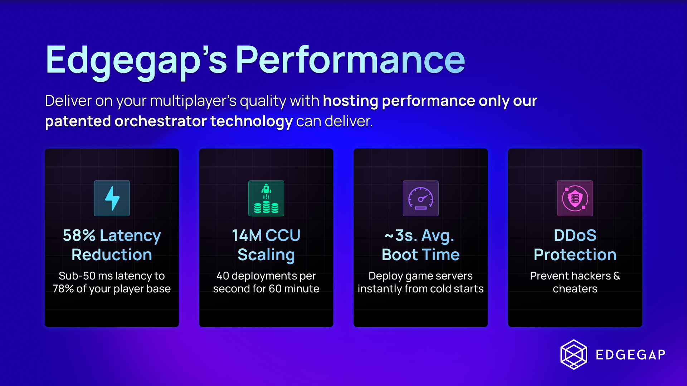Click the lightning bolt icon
coord(112,198)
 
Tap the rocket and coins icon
coord(266,198)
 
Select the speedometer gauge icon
coord(421,198)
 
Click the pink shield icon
coord(575,198)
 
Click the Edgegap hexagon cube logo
coord(574,354)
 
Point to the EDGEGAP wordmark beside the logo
coord(630,355)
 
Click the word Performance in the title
coord(350,60)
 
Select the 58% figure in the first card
coord(79,236)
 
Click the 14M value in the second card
coord(247,236)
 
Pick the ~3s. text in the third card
coord(401,236)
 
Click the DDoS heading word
coord(575,236)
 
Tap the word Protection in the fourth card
coord(575,255)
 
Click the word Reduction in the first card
coord(112,255)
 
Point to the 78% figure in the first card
coord(63,289)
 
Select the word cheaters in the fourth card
coord(575,289)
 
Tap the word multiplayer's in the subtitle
coord(193,102)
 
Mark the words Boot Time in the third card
coord(421,255)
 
